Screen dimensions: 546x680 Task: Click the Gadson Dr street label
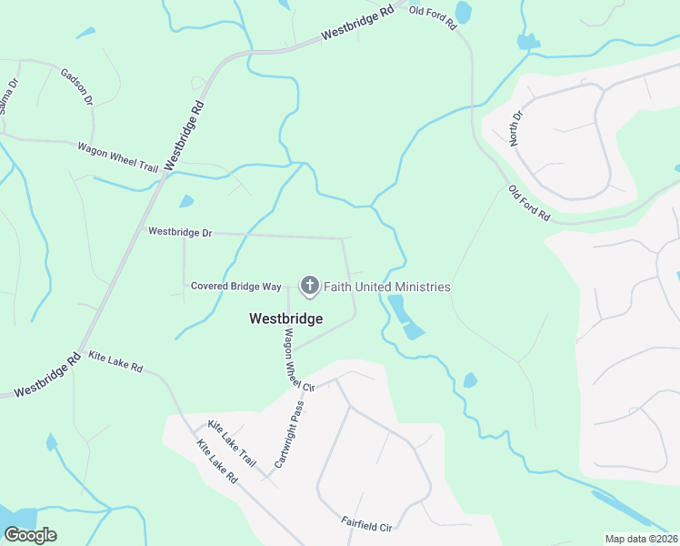coord(77,86)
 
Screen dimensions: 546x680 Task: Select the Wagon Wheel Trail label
coord(117,157)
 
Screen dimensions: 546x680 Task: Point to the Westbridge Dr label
coord(180,233)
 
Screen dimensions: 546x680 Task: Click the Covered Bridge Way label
coord(236,286)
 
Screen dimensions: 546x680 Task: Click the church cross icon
coord(310,287)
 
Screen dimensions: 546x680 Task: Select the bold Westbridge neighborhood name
coord(285,318)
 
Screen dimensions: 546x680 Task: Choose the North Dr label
coord(517,128)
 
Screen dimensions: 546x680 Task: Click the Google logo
coord(29,535)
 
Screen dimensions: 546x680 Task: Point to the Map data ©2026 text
coord(642,539)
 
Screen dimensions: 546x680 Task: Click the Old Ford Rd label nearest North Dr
coord(530,204)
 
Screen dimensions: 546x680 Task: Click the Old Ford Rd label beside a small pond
coord(433,17)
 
